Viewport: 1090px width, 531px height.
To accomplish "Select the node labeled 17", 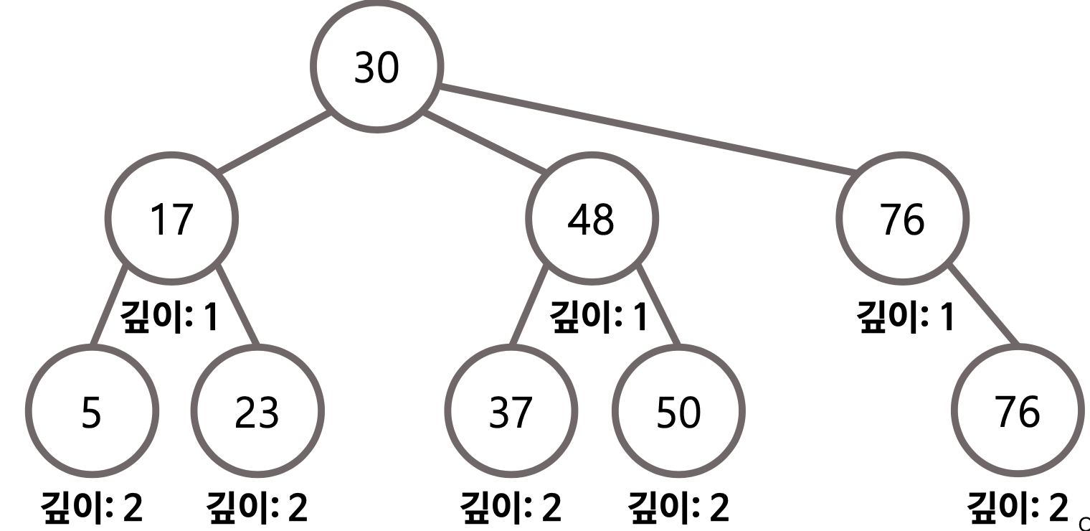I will point(171,220).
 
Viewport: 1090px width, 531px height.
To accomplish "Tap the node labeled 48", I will point(589,220).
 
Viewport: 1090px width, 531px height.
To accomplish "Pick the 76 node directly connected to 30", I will point(902,220).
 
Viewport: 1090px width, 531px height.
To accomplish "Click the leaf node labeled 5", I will point(91,413).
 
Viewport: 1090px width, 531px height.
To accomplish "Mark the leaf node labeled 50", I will point(678,413).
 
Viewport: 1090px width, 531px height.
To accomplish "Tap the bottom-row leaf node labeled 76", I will point(1014,413).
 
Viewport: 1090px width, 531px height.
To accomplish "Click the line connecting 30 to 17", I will point(275,142).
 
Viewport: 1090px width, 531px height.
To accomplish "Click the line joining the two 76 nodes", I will point(984,304).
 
